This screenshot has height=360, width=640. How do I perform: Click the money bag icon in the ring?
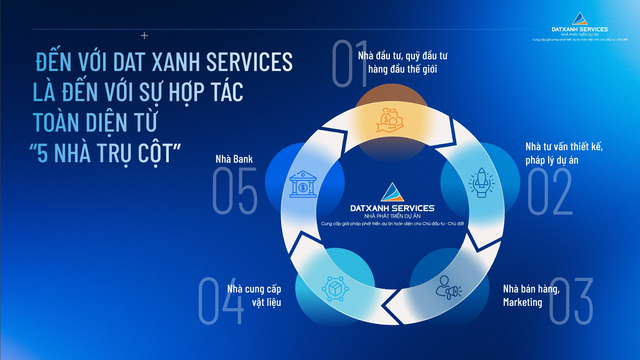tap(388, 122)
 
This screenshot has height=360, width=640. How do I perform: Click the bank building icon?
tap(299, 185)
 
